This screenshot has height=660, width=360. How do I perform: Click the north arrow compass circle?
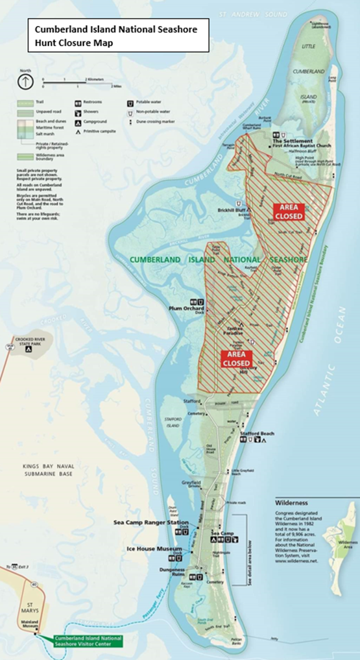click(x=25, y=82)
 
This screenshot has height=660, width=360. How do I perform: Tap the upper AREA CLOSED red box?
click(x=287, y=211)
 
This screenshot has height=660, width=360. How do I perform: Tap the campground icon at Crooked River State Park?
click(x=28, y=349)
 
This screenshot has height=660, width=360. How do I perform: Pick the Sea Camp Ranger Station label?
click(x=151, y=522)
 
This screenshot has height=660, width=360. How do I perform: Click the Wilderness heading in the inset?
click(x=291, y=502)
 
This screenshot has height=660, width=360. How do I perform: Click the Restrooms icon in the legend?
click(x=78, y=103)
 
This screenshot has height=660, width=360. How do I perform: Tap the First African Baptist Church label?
click(x=302, y=145)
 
